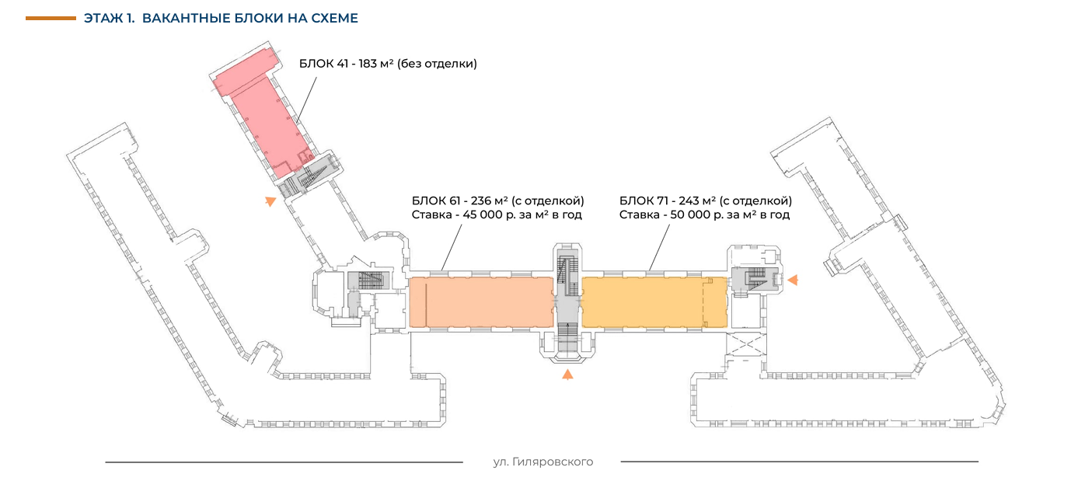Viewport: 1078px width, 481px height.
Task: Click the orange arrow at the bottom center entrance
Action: coord(568,375)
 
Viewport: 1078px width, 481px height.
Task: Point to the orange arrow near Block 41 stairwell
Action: coord(270,201)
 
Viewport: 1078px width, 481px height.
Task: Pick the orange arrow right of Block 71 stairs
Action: coord(793,279)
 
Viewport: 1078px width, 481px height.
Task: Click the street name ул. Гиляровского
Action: coord(542,462)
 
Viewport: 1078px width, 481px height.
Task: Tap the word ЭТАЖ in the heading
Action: coord(102,18)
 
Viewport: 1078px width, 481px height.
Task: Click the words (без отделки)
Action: coord(437,64)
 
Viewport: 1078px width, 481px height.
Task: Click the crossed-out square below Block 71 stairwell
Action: coord(745,342)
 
